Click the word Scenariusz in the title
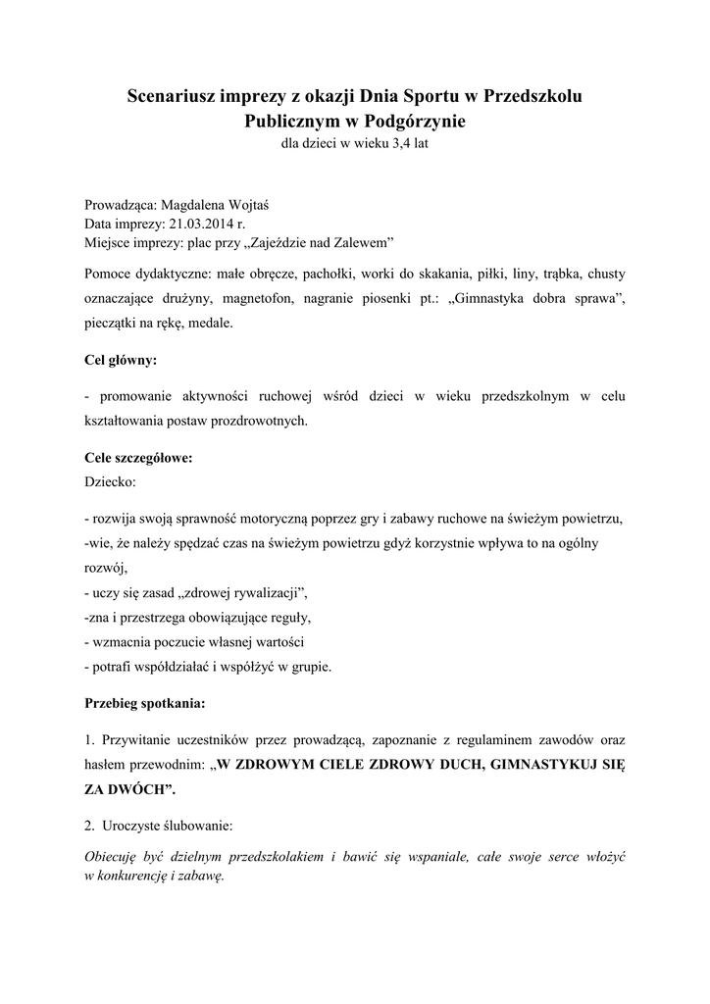(x=177, y=97)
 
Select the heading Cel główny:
(x=121, y=360)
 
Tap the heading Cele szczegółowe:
(x=138, y=458)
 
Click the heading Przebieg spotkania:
(x=145, y=703)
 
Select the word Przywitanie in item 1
(x=136, y=738)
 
